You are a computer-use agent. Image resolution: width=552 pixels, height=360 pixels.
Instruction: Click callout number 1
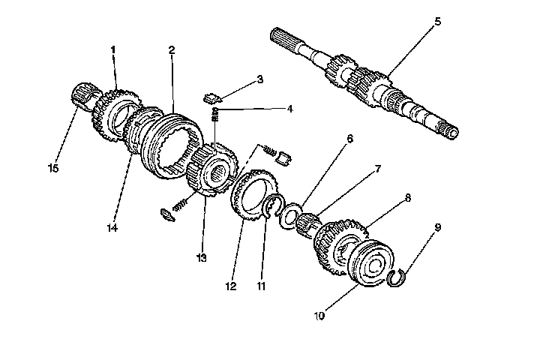click(x=113, y=49)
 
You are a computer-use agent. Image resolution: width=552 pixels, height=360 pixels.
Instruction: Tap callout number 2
click(x=172, y=50)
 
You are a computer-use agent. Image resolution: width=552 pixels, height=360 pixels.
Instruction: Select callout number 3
click(x=259, y=79)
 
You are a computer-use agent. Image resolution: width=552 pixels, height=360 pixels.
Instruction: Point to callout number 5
click(x=437, y=22)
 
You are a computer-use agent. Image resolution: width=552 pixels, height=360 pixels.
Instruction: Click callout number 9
click(x=437, y=226)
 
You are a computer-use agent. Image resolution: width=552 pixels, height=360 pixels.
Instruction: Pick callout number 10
click(x=319, y=316)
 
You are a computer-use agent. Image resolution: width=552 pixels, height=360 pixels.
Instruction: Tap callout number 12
click(x=230, y=285)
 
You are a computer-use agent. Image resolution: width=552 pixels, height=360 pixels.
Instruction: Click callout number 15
click(x=53, y=169)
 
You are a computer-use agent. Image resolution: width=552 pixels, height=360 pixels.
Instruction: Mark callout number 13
click(x=200, y=258)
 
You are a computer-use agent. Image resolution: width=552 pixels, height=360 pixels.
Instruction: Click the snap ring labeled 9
click(x=397, y=279)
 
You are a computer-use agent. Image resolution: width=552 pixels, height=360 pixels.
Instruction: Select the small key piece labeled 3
click(x=212, y=97)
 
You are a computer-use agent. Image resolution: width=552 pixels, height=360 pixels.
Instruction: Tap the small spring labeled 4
click(x=217, y=113)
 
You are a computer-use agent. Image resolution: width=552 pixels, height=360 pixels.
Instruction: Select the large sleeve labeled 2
click(x=175, y=142)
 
